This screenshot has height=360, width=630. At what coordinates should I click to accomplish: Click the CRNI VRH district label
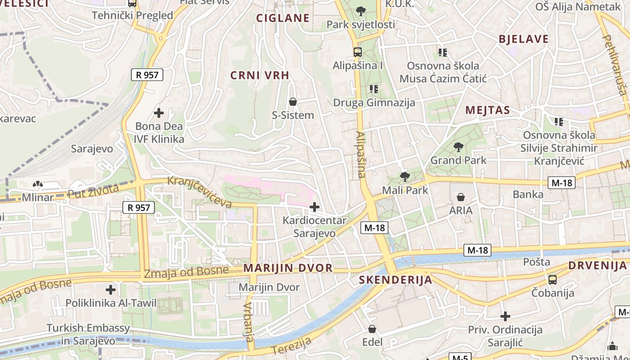pos(260,75)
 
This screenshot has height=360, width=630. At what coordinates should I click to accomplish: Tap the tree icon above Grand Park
pos(459,147)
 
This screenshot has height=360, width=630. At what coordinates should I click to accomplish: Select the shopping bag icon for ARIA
pos(460,197)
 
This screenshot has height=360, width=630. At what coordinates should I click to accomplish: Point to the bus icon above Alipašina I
pos(357,52)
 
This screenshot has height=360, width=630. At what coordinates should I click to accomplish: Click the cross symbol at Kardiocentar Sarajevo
pos(315,207)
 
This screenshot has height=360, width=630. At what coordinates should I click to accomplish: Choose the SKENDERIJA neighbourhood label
pos(395,280)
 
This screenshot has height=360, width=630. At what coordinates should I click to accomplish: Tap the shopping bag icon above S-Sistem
pos(293,102)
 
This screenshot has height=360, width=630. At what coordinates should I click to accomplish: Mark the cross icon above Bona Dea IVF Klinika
pos(159,112)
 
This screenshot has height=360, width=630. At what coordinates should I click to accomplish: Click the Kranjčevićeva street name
pos(199,192)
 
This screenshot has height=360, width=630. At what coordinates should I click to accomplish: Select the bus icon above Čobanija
pos(553,280)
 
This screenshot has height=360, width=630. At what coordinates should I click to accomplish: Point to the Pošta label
pos(536,261)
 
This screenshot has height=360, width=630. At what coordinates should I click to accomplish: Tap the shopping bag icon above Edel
pos(372,329)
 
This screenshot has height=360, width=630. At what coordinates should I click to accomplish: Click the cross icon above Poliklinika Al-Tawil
pos(111,290)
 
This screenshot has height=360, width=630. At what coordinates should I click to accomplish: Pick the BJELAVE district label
pos(523,39)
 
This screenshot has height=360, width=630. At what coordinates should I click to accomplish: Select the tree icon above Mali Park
pos(405,177)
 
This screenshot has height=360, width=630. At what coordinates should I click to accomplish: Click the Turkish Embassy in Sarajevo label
pos(88,334)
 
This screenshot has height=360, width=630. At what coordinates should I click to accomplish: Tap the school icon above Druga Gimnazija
pos(373,89)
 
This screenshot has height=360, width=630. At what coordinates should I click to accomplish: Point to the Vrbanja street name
pos(249,322)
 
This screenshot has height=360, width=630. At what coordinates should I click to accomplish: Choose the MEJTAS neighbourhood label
pos(487,110)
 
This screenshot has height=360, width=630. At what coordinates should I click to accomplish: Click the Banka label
pos(528,194)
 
